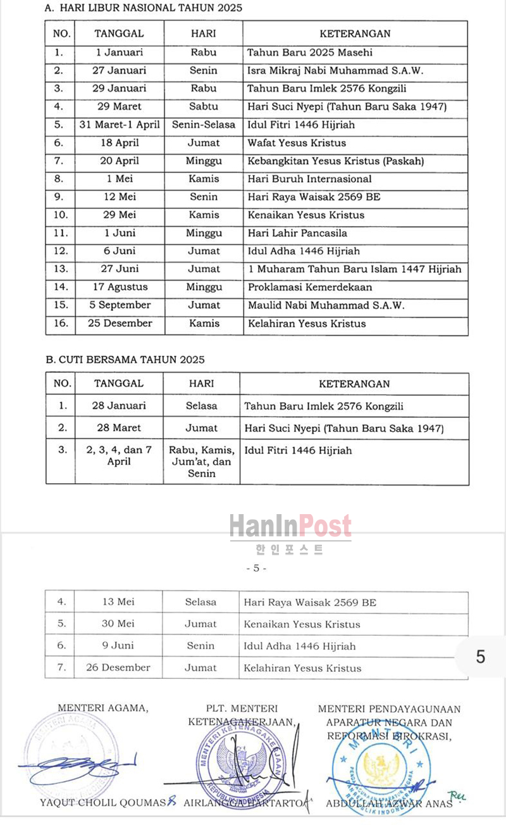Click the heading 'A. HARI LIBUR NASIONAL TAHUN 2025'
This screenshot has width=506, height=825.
point(144,8)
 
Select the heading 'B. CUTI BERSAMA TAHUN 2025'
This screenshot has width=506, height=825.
point(125,360)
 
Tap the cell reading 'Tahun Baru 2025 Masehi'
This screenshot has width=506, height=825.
point(309,53)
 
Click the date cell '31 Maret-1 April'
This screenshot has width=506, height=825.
point(120,125)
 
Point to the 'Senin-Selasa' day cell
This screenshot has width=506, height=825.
point(203,125)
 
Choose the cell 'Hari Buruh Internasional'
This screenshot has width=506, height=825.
point(309,179)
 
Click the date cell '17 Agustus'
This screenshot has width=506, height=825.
point(120,287)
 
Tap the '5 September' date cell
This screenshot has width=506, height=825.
point(120,305)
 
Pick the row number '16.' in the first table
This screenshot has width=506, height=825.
point(60,324)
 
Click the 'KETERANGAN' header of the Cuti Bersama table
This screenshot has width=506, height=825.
point(354,384)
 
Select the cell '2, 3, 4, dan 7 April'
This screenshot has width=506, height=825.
point(119,456)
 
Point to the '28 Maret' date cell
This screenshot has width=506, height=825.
point(119,428)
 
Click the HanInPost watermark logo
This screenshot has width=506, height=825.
point(290,527)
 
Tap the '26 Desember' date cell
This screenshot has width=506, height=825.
point(118,667)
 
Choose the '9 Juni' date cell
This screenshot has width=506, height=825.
point(118,646)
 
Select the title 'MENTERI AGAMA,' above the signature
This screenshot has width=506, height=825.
point(103,708)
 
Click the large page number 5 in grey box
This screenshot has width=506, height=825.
point(481,657)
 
